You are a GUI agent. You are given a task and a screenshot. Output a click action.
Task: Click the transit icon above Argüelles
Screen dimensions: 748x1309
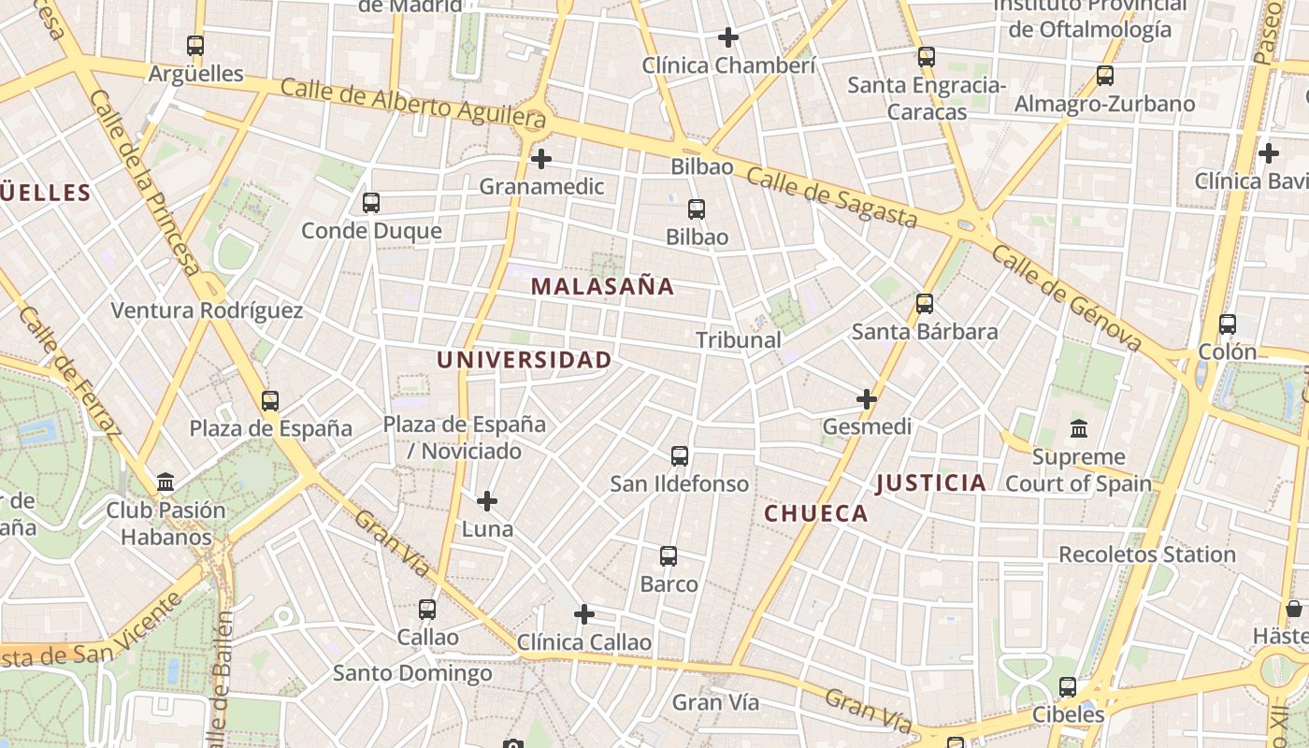coord(194,45)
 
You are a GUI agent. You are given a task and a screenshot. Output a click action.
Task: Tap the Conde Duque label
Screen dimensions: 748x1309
coord(371,230)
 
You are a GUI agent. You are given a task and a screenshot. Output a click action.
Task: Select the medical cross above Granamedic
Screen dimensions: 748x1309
coord(540,159)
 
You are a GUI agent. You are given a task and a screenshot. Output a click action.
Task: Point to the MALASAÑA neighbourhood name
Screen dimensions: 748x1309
coord(602,287)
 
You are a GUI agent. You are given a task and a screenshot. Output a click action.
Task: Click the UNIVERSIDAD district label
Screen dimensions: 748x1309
coord(524,360)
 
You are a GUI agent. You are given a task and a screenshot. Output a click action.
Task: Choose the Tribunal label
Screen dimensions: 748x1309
coord(739,340)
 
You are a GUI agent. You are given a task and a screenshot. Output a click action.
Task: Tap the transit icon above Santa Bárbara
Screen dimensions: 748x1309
coord(925,303)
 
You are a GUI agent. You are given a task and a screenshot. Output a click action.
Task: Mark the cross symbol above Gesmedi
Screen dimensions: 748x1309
coord(867,399)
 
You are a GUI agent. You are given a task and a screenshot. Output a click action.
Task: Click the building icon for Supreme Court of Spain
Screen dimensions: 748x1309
coord(1078,429)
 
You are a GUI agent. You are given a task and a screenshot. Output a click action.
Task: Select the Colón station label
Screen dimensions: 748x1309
coord(1228,352)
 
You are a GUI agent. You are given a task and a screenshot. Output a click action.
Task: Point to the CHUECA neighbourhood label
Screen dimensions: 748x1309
coord(815,513)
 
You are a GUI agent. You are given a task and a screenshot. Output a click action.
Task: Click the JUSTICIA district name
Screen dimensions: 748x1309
coord(930,483)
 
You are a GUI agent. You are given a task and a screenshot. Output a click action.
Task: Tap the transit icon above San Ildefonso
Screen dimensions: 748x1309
coord(680,456)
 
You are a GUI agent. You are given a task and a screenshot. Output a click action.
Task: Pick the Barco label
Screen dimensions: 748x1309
coord(669,584)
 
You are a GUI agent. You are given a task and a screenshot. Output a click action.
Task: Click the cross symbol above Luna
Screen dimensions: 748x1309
coord(487,502)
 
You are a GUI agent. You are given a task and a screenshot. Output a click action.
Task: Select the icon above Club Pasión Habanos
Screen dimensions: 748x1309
coord(165,482)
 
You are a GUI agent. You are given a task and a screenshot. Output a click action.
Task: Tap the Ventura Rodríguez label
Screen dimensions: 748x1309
coord(207,310)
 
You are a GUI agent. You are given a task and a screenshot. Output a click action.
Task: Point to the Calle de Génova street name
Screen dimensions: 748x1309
coord(1066,298)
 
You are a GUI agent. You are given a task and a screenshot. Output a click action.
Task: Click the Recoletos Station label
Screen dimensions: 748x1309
coord(1146,554)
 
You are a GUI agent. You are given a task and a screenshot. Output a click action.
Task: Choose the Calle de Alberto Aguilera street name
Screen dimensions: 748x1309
coord(412,103)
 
